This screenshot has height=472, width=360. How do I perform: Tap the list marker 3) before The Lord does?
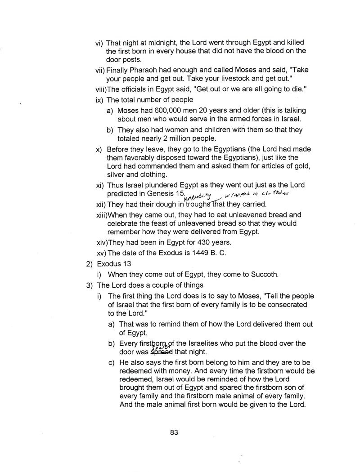(89, 285)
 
